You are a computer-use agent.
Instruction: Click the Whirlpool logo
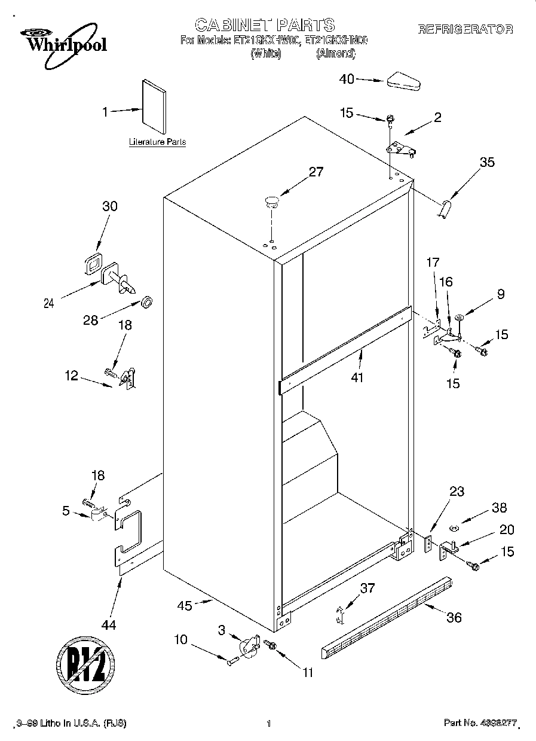coord(59,41)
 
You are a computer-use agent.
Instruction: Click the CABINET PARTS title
coord(265,25)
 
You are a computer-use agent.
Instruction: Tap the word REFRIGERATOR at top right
coord(465,29)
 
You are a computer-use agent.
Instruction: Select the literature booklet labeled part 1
coord(154,106)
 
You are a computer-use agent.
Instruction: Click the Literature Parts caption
coord(157,142)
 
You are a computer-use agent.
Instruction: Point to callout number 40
coord(347,78)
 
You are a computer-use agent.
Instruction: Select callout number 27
coord(316,172)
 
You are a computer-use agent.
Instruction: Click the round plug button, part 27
coord(271,200)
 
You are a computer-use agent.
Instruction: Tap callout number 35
coord(488,161)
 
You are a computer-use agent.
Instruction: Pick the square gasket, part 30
coord(93,264)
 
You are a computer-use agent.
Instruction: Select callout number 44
coord(109,625)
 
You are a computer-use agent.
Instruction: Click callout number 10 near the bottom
coord(181,639)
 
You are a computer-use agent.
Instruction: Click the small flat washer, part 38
coord(452,527)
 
